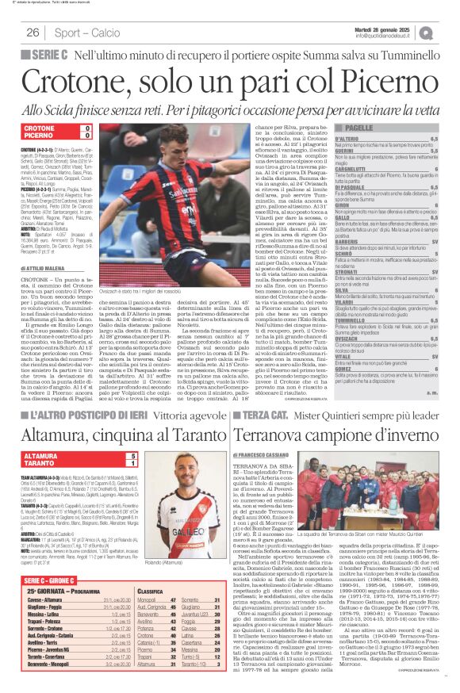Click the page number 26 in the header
point(33,33)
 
